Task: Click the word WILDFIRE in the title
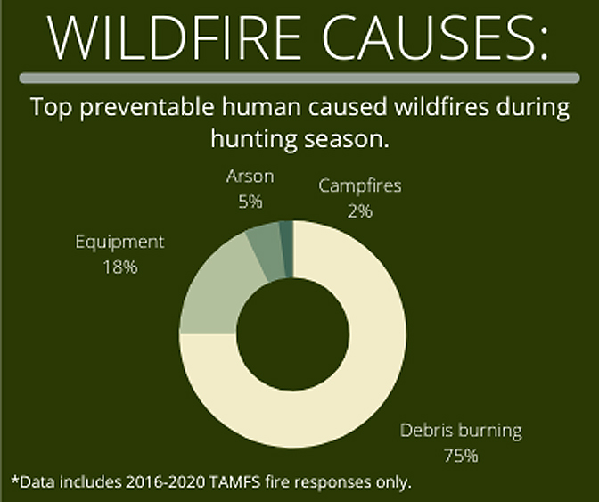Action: (x=175, y=37)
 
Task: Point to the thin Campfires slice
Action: (x=287, y=249)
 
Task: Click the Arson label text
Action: (x=250, y=177)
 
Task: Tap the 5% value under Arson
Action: (x=250, y=202)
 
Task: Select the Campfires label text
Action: (x=360, y=186)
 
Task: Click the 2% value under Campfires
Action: (x=360, y=211)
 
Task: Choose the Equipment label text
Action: (x=119, y=243)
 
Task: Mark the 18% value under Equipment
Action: (x=120, y=267)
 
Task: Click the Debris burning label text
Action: (x=461, y=431)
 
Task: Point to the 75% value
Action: (x=461, y=456)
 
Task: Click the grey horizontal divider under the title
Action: (x=299, y=78)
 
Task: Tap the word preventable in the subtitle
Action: (x=147, y=108)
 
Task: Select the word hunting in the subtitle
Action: (x=254, y=139)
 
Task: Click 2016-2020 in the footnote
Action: (x=166, y=482)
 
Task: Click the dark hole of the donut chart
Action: (x=292, y=334)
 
